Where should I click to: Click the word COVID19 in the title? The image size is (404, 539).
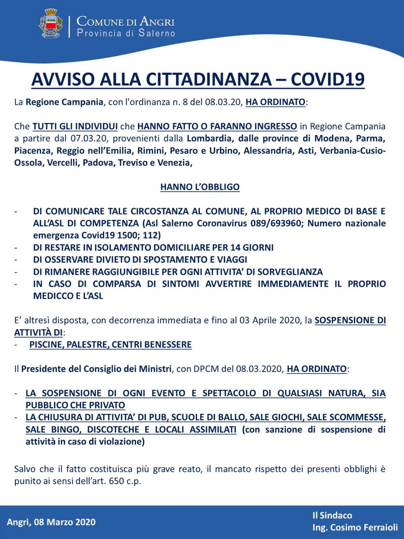tap(328, 80)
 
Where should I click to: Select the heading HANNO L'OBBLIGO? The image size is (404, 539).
tap(200, 187)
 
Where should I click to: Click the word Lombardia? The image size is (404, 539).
tap(209, 138)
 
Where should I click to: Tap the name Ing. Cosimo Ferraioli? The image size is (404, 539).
tap(355, 528)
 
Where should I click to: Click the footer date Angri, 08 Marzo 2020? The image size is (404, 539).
tap(51, 522)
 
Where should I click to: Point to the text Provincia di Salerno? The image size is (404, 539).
tap(126, 33)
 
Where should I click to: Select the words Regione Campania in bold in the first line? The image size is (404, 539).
tap(64, 102)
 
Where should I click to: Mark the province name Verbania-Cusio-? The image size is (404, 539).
tap(352, 151)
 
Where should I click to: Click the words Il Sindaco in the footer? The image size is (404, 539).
tap(332, 515)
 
